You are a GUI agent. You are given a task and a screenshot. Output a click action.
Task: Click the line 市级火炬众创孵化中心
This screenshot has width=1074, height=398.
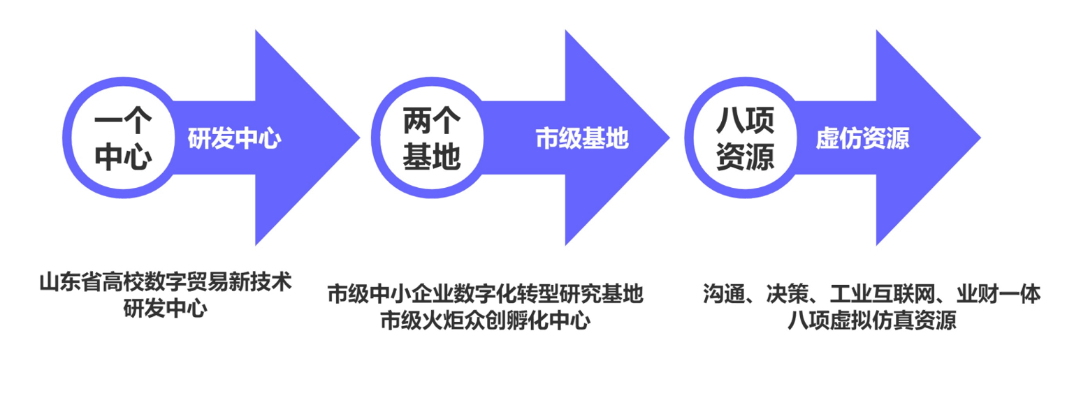[485, 320]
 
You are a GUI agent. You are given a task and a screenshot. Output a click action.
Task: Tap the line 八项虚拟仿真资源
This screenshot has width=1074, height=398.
[871, 320]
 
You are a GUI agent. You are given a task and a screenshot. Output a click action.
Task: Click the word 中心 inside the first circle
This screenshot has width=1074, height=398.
[123, 158]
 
